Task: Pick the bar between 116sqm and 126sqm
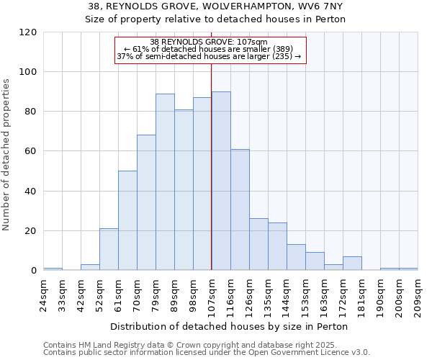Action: [240, 210]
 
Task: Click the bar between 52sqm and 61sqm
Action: [109, 249]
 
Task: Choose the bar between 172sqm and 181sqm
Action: [352, 264]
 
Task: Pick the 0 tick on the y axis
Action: [34, 271]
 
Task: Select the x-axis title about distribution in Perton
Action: [231, 326]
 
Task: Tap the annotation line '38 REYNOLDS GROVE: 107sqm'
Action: [209, 42]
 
